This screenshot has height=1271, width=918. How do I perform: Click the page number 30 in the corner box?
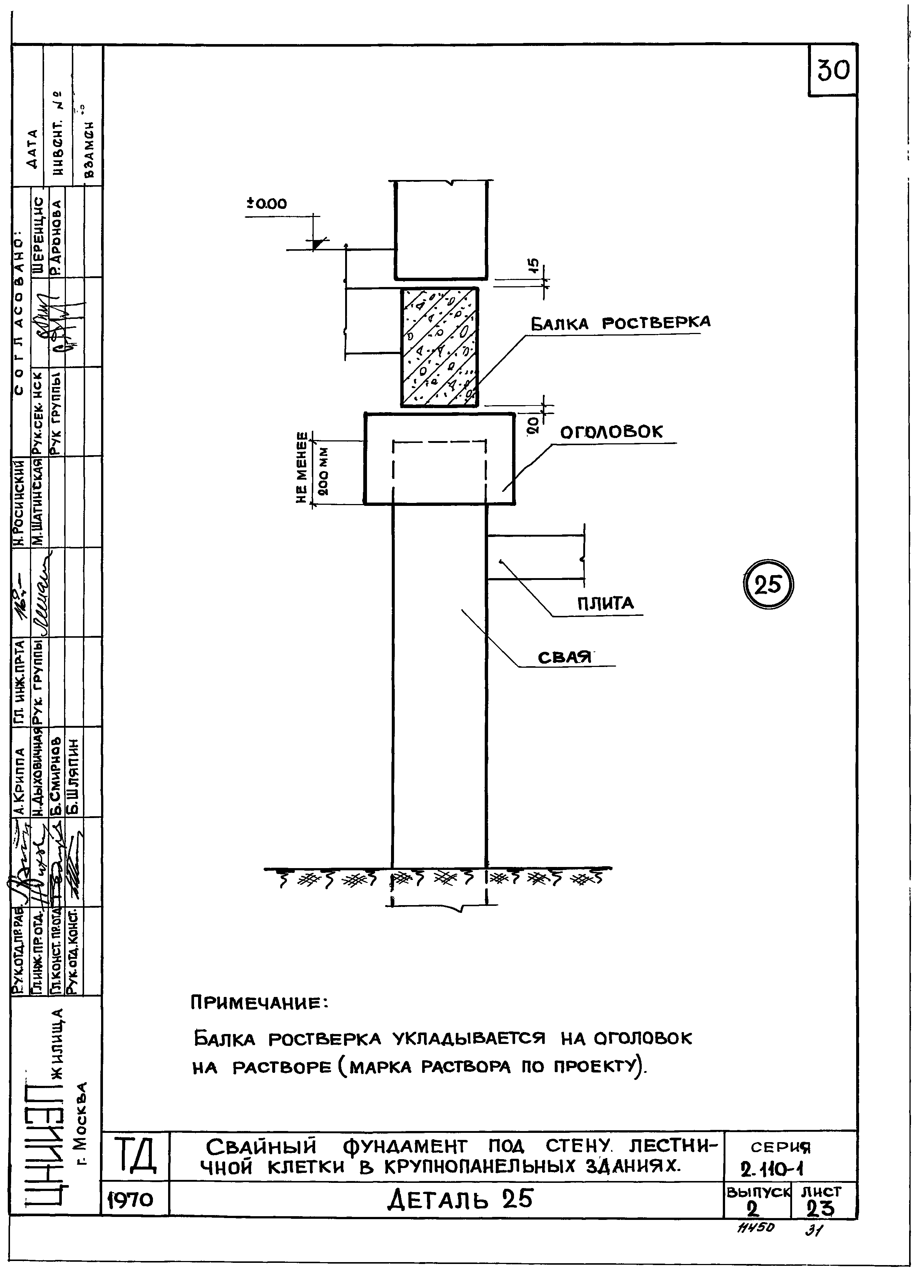tap(833, 71)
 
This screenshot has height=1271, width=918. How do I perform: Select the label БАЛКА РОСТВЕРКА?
tap(620, 323)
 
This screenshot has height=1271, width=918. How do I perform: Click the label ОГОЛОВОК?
tap(611, 431)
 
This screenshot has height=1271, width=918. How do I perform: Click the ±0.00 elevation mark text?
tap(267, 204)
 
